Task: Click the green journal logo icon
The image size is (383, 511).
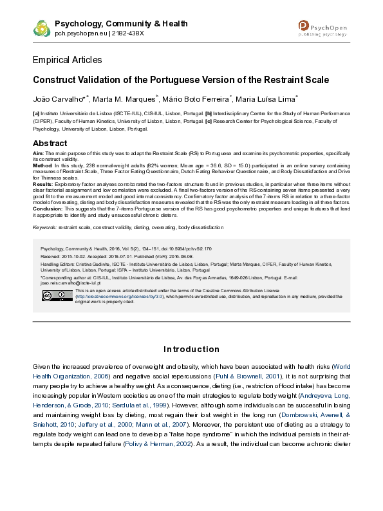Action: [x=42, y=28]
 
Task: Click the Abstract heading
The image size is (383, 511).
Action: [x=50, y=143]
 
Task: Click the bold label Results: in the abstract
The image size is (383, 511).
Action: [x=43, y=183]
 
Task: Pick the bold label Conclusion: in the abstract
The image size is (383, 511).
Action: [x=48, y=208]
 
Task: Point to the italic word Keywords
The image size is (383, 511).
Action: [x=44, y=227]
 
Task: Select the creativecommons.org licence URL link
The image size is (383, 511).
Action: [x=108, y=296]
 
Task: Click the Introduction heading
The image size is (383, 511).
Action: [x=191, y=349]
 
